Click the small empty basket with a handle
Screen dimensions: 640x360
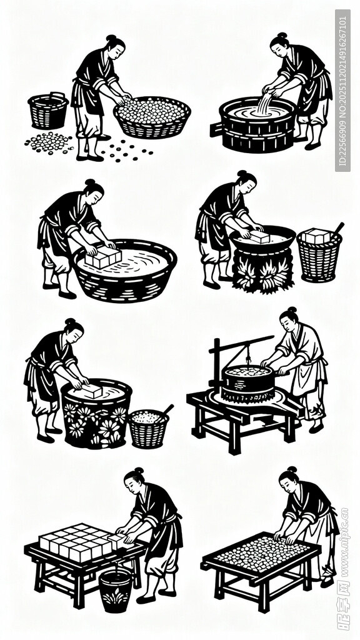[x=48, y=111]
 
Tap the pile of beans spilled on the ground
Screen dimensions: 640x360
[x=49, y=143]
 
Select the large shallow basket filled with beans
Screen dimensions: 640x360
[x=152, y=117]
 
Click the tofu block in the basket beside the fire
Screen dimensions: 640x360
[x=317, y=236]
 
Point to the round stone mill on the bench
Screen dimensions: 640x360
[x=247, y=383]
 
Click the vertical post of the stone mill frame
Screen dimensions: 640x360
[x=216, y=366]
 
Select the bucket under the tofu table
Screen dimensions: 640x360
[x=116, y=589]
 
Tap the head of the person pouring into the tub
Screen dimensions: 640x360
[x=280, y=45]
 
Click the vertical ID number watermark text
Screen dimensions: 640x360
[x=342, y=91]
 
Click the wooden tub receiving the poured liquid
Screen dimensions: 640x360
[x=256, y=125]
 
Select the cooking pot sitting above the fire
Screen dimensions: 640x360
[x=262, y=241]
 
